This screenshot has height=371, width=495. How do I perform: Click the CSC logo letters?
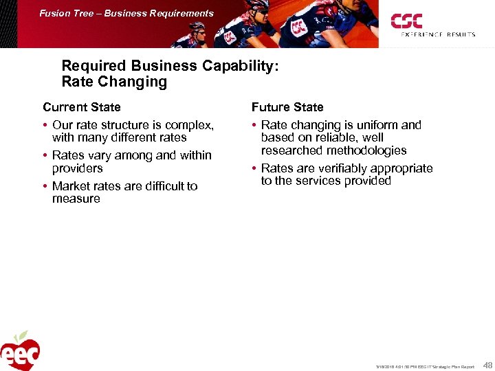pyautogui.click(x=407, y=21)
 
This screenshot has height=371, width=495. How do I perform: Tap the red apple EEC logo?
pyautogui.click(x=20, y=352)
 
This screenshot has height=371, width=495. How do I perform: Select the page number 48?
pyautogui.click(x=487, y=364)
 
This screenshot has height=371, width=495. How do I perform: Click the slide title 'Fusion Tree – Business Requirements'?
pyautogui.click(x=126, y=13)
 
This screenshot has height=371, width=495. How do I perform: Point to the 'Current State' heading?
pyautogui.click(x=81, y=107)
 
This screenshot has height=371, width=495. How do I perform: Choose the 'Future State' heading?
pyautogui.click(x=287, y=107)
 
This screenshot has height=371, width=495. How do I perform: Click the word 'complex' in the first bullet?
pyautogui.click(x=190, y=125)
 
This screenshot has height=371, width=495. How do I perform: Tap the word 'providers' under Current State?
pyautogui.click(x=77, y=168)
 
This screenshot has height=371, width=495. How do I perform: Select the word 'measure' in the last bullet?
pyautogui.click(x=76, y=199)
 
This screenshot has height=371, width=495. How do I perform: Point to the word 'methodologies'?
pyautogui.click(x=367, y=150)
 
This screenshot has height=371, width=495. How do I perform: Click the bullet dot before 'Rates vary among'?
pyautogui.click(x=45, y=156)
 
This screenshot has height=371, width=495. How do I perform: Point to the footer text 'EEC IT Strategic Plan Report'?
pyautogui.click(x=445, y=366)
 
